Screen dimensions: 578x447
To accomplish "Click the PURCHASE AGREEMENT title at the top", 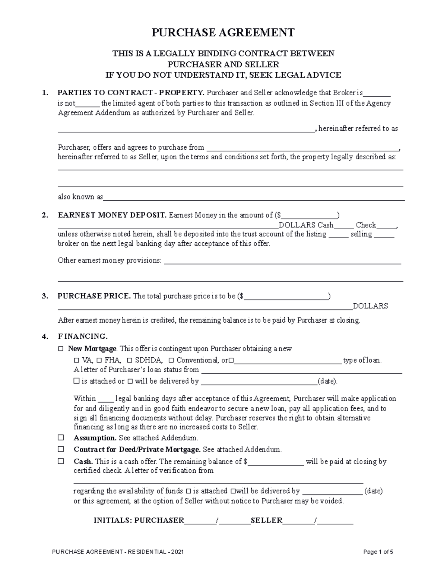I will pos(223,33).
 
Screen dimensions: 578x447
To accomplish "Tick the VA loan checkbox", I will pos(76,360).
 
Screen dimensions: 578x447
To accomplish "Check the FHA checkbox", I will pos(99,360).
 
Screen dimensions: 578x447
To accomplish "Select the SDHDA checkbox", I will pos(130,360).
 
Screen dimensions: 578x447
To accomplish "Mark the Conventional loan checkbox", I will pos(171,360).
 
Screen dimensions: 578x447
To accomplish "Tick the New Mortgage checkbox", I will pos(61,349).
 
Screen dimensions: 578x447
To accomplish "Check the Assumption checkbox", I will pos(61,438).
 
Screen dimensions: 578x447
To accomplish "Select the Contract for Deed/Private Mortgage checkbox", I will pos(61,449).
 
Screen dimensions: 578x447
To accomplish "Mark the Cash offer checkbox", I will pos(61,461).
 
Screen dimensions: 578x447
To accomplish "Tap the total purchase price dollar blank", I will pos(286,297).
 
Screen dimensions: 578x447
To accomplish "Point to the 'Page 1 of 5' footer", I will pos(378,552).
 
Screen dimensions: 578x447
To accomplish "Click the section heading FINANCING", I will pos(83,336).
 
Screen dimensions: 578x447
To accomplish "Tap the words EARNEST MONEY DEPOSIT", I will pos(112,215).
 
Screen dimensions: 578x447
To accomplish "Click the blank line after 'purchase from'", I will pos(302,148).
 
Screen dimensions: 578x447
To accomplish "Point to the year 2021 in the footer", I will pos(177,552).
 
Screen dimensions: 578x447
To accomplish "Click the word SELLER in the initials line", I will pos(266,520).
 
